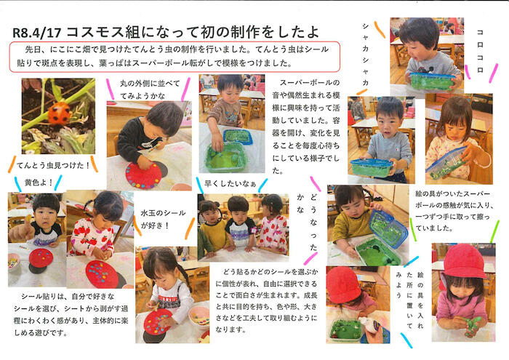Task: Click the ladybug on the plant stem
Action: click(59, 113)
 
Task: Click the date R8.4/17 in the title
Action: click(36, 33)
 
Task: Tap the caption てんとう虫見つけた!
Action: click(53, 165)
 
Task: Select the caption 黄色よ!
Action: click(39, 183)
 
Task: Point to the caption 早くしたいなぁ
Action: click(231, 184)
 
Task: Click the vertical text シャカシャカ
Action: click(365, 55)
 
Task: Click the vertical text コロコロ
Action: click(480, 51)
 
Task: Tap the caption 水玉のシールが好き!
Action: click(163, 219)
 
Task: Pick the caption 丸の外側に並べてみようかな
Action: click(150, 89)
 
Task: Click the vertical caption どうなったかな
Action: click(307, 222)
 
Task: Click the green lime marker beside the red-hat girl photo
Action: click(494, 231)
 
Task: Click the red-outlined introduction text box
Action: click(175, 57)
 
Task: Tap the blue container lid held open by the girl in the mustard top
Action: click(388, 225)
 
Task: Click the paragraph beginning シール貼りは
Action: click(71, 314)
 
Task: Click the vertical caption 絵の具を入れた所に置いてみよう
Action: click(409, 301)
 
